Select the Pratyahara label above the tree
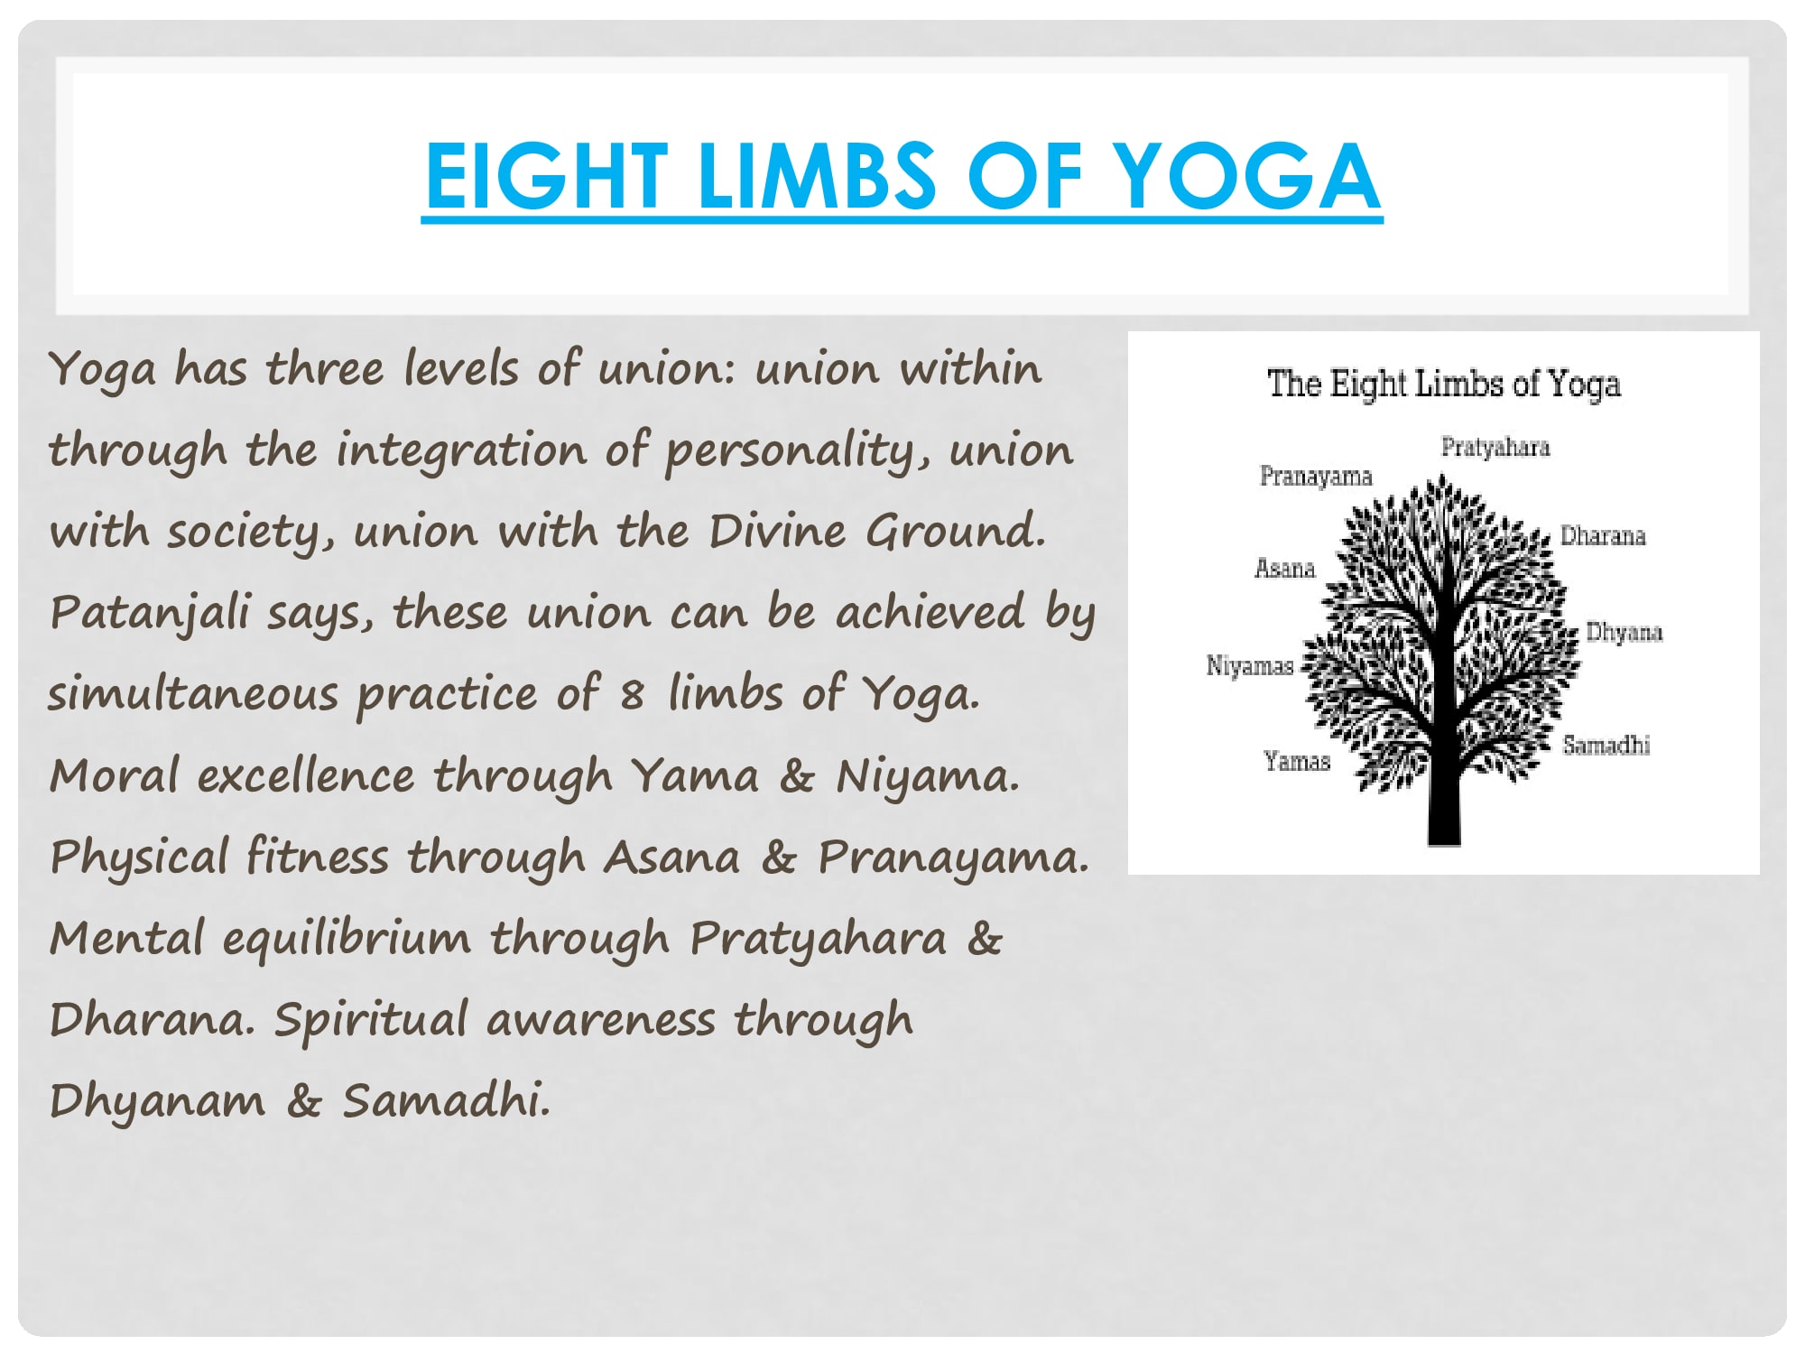pos(1495,448)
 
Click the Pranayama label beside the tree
pos(1316,477)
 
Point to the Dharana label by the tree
pos(1603,535)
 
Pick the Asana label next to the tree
pos(1285,568)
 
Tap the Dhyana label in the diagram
pos(1624,633)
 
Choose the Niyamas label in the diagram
pos(1250,666)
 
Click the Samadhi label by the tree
pos(1606,745)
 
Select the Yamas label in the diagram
pos(1297,762)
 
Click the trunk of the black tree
pos(1444,794)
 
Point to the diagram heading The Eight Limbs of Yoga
pos(1444,385)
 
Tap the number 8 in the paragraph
pos(632,694)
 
